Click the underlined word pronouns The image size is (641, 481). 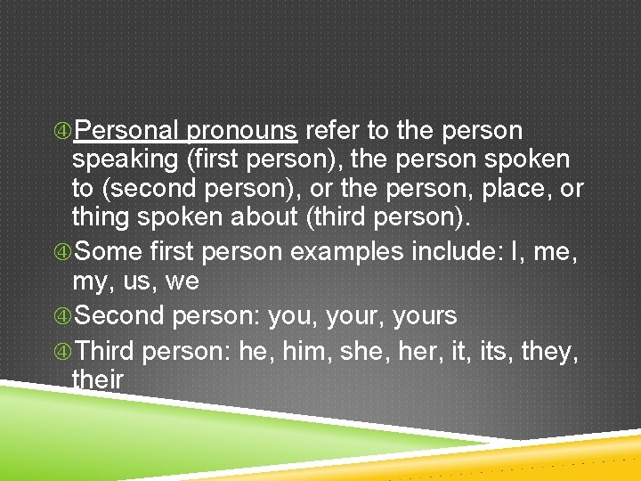pos(241,132)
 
